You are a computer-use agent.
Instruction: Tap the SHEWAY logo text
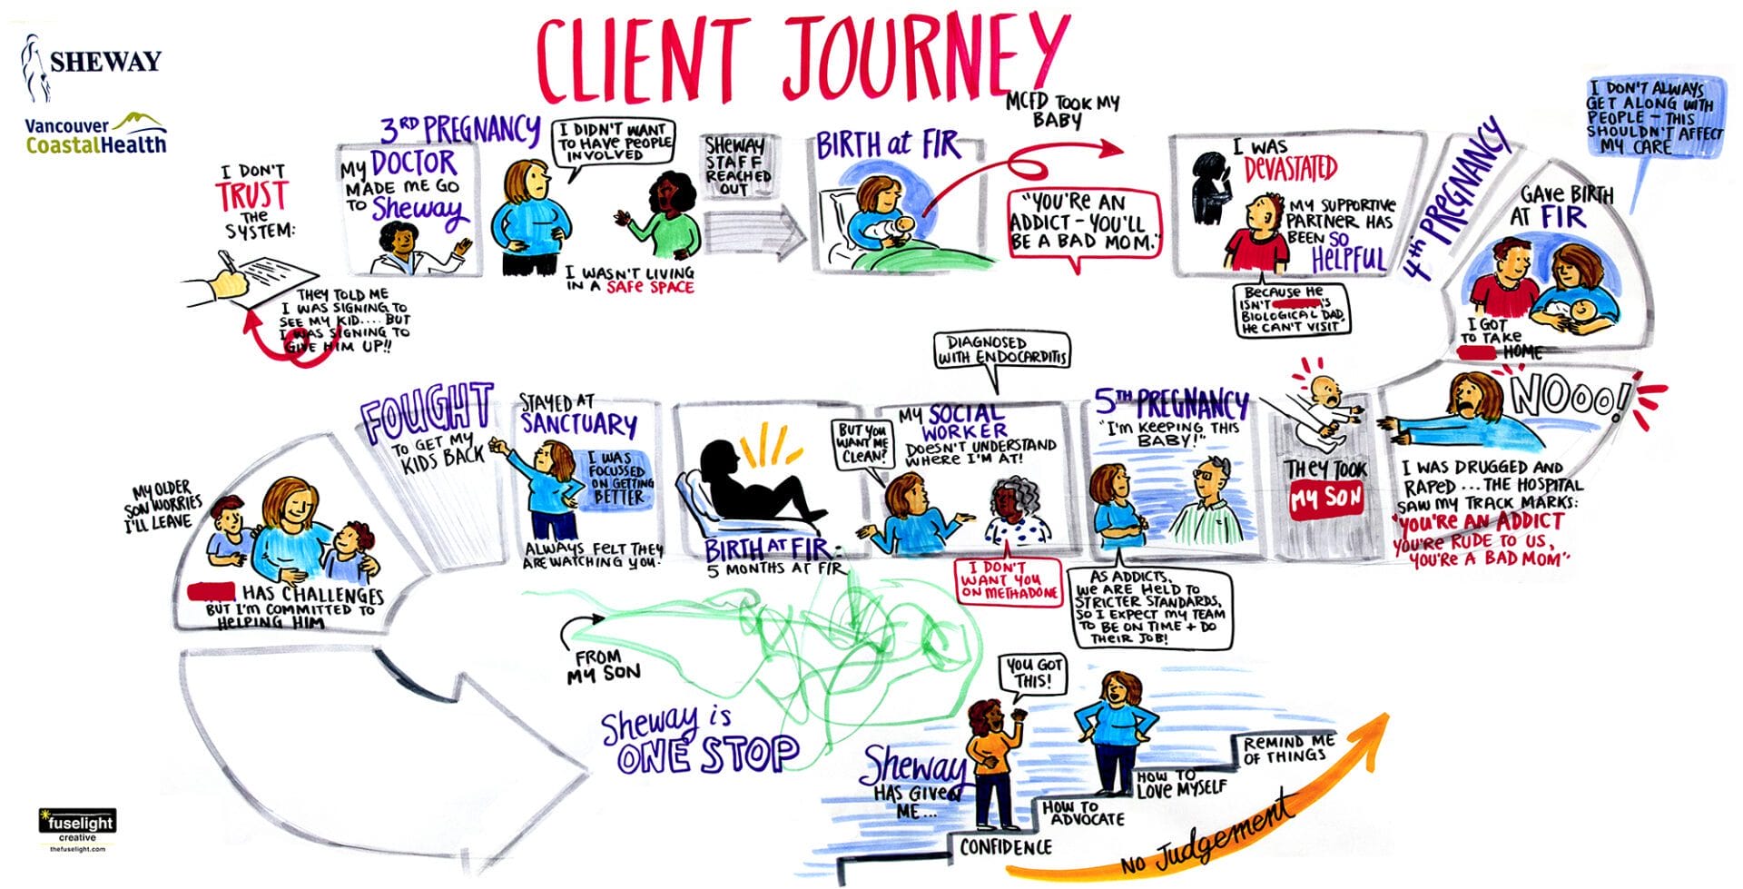[x=104, y=63]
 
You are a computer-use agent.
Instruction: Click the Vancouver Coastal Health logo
[x=95, y=134]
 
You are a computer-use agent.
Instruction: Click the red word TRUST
[x=251, y=196]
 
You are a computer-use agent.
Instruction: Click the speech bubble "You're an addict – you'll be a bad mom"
[x=1085, y=222]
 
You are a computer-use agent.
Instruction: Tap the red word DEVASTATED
[x=1290, y=169]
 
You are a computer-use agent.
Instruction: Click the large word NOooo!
[x=1570, y=398]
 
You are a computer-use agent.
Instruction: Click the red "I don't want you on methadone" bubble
[x=1008, y=581]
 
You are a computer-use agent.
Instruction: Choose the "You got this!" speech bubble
[x=1032, y=674]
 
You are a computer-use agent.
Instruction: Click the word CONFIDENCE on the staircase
[x=1006, y=847]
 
